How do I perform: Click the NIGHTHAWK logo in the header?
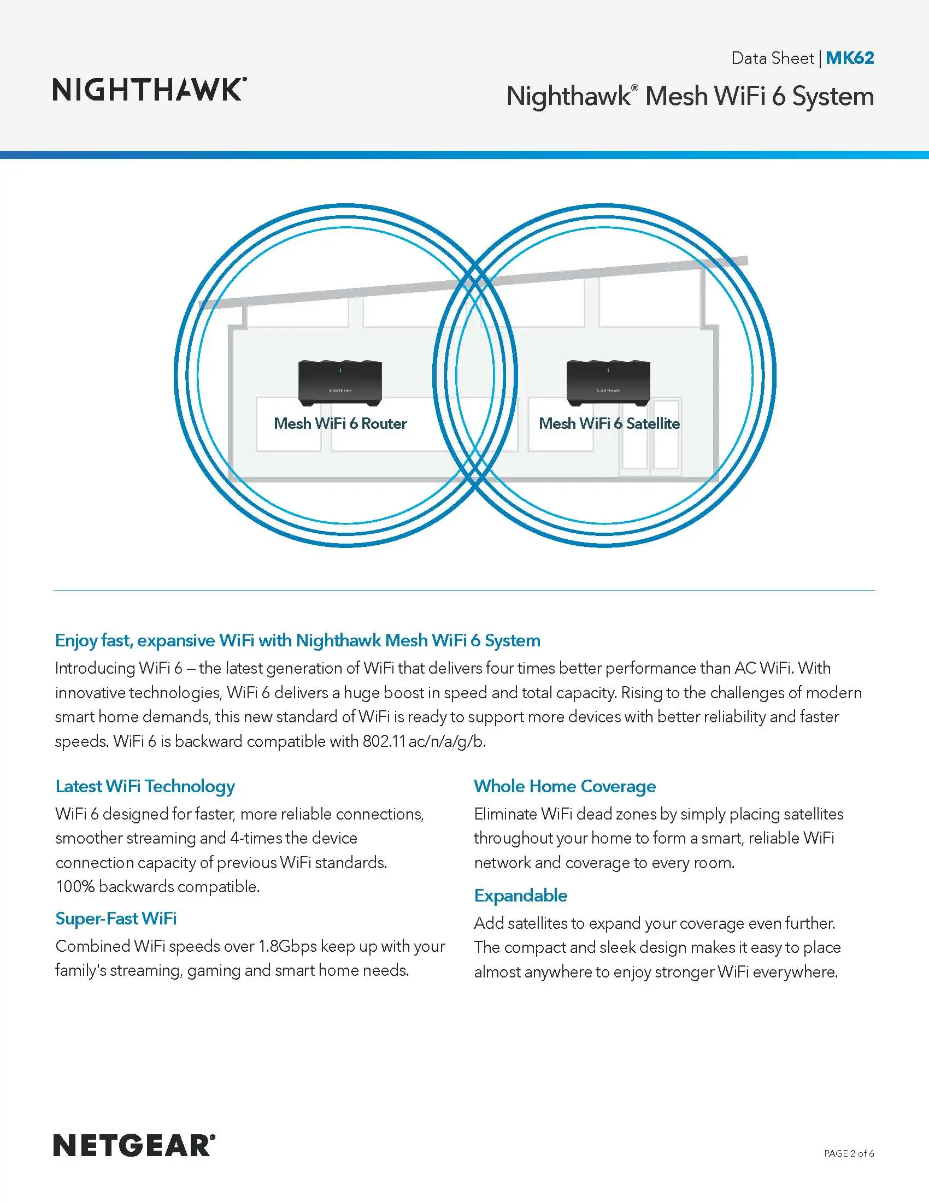click(149, 90)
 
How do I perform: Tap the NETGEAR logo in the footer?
click(134, 1146)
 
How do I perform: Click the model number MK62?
click(850, 58)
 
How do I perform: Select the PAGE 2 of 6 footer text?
click(849, 1153)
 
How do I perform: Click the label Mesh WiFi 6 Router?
click(340, 423)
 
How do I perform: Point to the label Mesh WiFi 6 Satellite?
click(609, 423)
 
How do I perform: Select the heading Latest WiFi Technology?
click(145, 786)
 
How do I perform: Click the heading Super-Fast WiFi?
click(116, 918)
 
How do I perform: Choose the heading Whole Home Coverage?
click(565, 786)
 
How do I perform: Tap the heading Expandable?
click(521, 895)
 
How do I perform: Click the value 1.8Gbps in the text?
click(288, 946)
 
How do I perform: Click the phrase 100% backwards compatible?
click(157, 887)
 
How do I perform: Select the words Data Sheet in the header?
click(772, 58)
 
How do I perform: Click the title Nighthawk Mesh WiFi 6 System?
click(690, 96)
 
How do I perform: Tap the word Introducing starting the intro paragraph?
click(95, 668)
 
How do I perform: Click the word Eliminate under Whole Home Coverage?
click(505, 814)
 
